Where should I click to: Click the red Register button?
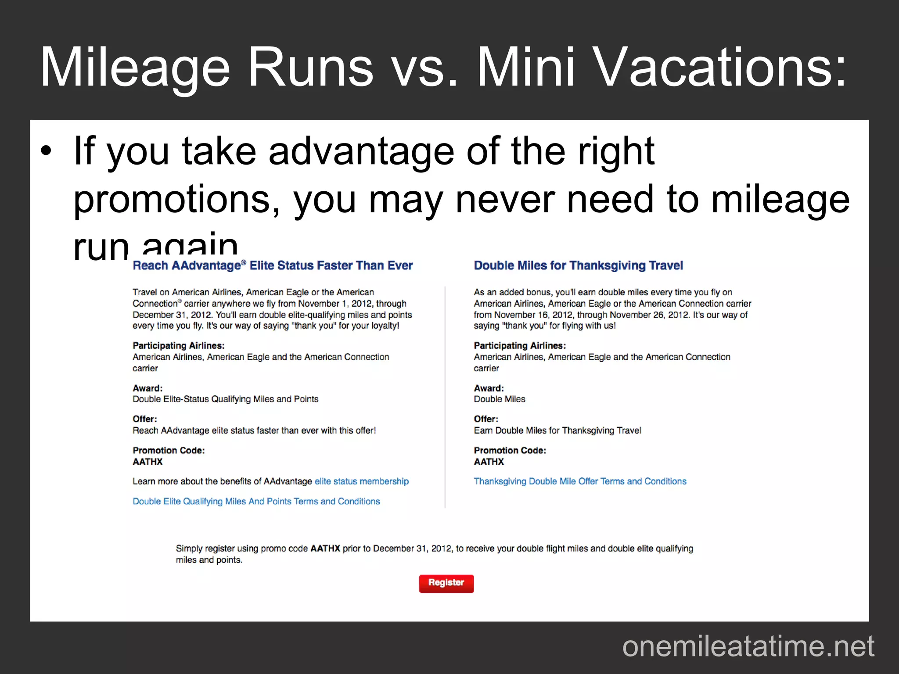446,583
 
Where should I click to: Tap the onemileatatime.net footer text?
748,646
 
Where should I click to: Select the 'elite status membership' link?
361,481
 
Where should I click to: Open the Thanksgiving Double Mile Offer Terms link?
580,481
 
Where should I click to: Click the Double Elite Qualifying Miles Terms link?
256,501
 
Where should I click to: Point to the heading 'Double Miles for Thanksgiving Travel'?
578,265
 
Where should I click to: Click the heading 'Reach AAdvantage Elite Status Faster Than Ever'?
273,265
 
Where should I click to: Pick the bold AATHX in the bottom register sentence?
325,549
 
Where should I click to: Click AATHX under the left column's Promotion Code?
147,462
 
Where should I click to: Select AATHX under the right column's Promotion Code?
489,462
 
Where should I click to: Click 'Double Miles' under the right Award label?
500,399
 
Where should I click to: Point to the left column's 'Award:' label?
147,388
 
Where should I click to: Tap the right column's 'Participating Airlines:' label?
520,345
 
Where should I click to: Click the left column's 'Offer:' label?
144,419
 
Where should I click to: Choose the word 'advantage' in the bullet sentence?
361,151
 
